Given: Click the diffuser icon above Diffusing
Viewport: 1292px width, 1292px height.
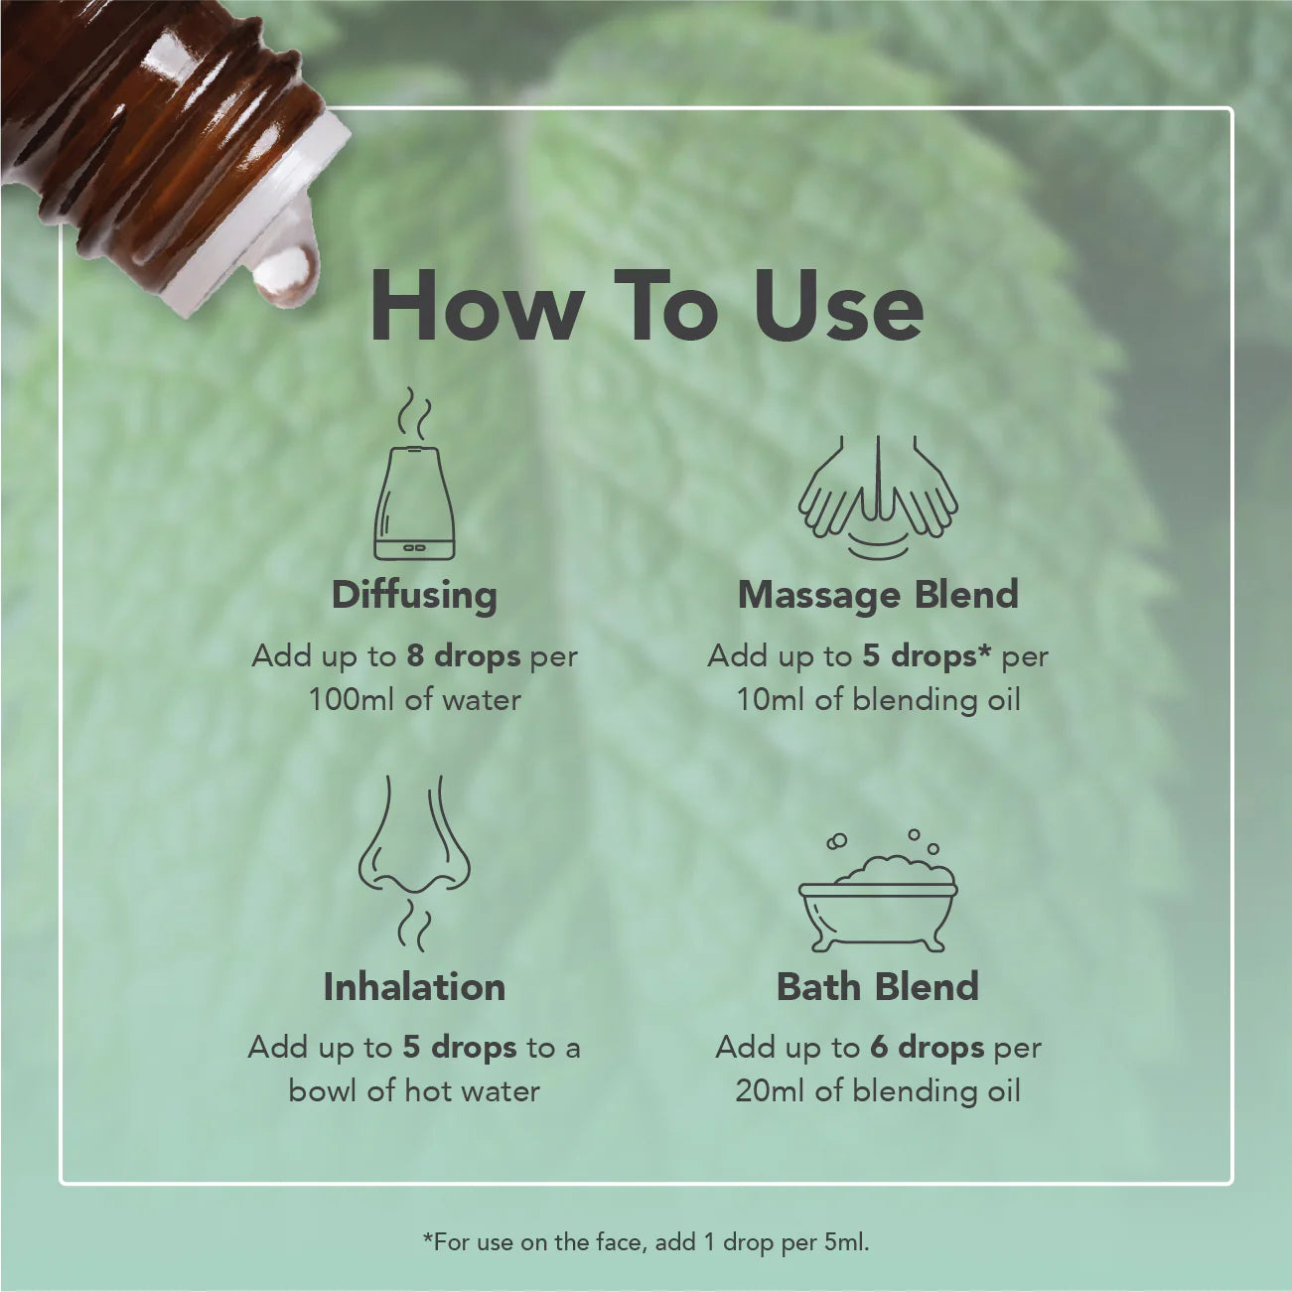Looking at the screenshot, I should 414,502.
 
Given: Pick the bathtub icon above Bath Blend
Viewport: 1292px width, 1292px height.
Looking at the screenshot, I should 878,894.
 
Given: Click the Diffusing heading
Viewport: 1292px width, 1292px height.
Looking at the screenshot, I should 414,595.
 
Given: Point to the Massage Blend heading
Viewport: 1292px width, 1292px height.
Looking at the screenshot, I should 878,595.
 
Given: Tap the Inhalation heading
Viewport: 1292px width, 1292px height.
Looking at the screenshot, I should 414,987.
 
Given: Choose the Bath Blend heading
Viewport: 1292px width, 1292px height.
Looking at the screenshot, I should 878,987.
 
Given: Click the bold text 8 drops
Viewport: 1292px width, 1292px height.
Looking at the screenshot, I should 463,655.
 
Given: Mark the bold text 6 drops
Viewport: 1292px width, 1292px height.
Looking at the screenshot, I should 927,1048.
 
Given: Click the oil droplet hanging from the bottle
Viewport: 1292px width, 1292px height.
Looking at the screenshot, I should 286,275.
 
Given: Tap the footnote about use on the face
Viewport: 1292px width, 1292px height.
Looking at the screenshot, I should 646,1241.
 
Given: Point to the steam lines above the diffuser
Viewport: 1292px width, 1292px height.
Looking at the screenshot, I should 415,414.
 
